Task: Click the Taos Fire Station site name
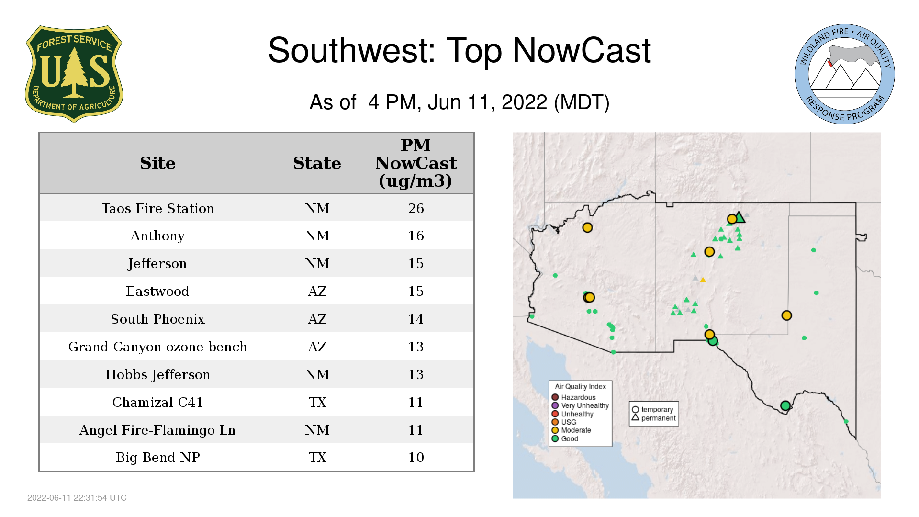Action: pyautogui.click(x=157, y=208)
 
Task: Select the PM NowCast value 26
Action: pyautogui.click(x=416, y=208)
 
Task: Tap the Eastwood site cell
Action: pyautogui.click(x=157, y=291)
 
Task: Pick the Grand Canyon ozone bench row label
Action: pyautogui.click(x=157, y=347)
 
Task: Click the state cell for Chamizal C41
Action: pyautogui.click(x=317, y=402)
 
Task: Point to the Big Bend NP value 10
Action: pyautogui.click(x=416, y=457)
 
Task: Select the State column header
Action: pyautogui.click(x=317, y=163)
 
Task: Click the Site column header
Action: pyautogui.click(x=157, y=163)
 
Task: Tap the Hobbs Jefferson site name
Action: pyautogui.click(x=157, y=374)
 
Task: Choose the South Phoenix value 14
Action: pyautogui.click(x=416, y=319)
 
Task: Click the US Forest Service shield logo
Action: pyautogui.click(x=74, y=74)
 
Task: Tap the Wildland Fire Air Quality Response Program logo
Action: pyautogui.click(x=845, y=74)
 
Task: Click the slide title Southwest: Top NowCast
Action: pyautogui.click(x=459, y=50)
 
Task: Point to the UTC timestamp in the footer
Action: pyautogui.click(x=77, y=498)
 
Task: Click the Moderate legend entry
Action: pyautogui.click(x=571, y=430)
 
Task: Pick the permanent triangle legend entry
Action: pyautogui.click(x=653, y=418)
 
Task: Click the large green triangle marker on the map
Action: pyautogui.click(x=740, y=218)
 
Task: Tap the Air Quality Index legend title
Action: pyautogui.click(x=580, y=386)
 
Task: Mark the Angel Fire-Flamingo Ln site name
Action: pyautogui.click(x=157, y=430)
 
